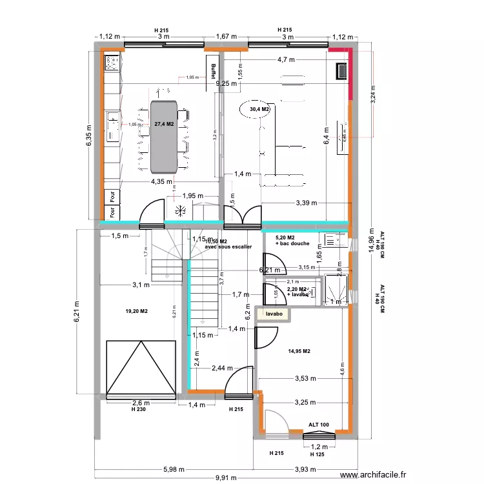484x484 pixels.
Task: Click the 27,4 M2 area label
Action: (x=164, y=123)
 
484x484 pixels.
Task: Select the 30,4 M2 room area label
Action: (x=259, y=110)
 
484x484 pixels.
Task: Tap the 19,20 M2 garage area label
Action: (x=136, y=311)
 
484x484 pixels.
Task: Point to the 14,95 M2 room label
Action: (x=299, y=351)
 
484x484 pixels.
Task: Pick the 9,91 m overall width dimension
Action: (x=225, y=478)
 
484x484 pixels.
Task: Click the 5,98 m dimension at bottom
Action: (x=173, y=469)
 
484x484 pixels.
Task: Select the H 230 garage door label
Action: (x=138, y=409)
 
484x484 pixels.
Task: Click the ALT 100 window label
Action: (x=318, y=425)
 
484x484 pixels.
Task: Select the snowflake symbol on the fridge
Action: (x=181, y=210)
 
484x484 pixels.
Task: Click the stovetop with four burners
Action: (x=112, y=63)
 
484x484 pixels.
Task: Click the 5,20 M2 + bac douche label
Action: (x=292, y=241)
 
